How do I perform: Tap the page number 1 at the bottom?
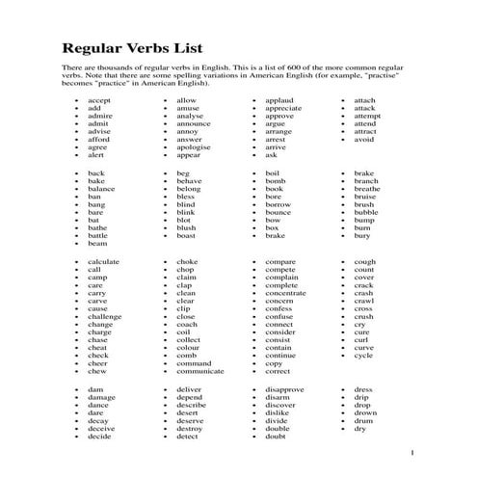(411, 452)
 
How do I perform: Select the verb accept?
(99, 100)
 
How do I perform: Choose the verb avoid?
(364, 139)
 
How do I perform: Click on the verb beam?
(97, 243)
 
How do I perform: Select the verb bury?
(361, 235)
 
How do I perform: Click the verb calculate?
(104, 262)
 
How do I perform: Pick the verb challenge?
(105, 316)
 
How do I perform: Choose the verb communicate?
(200, 371)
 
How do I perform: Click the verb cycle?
(363, 356)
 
